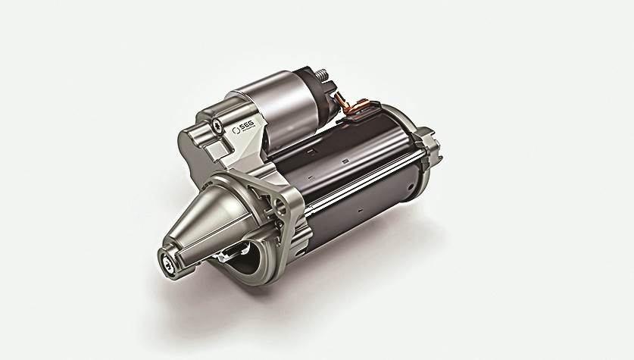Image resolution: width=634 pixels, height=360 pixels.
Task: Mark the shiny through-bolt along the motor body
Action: click(356, 182)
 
